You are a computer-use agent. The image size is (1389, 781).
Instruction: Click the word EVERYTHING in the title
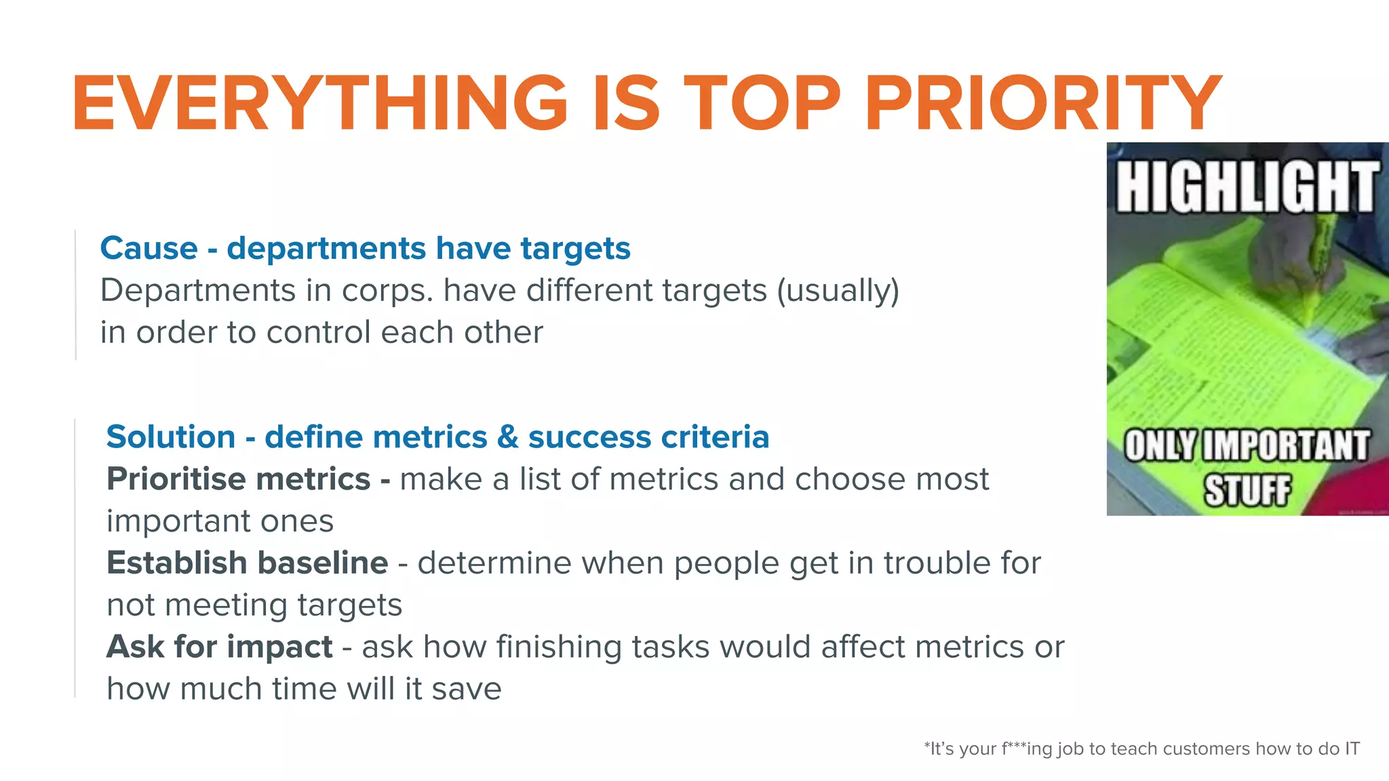click(319, 103)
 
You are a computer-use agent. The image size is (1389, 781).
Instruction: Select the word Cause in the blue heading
click(149, 248)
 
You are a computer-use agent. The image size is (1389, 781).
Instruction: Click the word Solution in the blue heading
click(170, 437)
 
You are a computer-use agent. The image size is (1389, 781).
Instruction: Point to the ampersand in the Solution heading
click(507, 437)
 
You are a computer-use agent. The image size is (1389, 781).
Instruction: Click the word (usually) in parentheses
click(838, 291)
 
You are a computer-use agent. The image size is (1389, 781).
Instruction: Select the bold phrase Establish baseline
click(247, 563)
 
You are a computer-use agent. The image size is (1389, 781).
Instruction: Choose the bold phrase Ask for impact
click(219, 647)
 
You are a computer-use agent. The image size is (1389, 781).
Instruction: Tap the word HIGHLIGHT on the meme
click(1247, 187)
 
